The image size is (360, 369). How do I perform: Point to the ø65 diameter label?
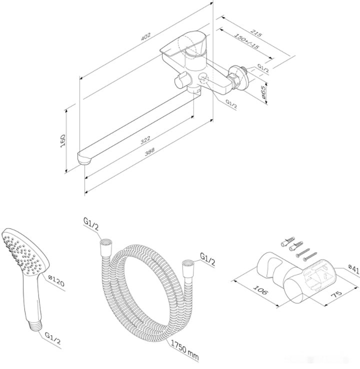tap(263, 91)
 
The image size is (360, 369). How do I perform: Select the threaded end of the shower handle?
tap(35, 325)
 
